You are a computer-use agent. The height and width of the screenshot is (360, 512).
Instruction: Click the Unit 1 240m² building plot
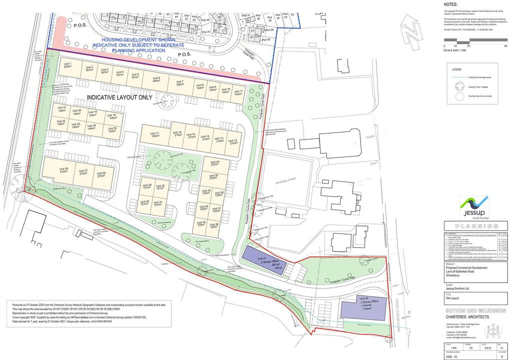[68, 66]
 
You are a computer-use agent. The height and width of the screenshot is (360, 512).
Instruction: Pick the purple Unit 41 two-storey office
[264, 260]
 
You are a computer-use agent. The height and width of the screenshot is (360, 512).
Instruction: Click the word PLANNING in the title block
[476, 226]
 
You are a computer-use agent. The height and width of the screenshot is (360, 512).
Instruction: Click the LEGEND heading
[457, 69]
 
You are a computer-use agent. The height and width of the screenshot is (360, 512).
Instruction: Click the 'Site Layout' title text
[452, 297]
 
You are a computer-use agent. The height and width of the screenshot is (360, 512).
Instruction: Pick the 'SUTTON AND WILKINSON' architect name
[475, 310]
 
